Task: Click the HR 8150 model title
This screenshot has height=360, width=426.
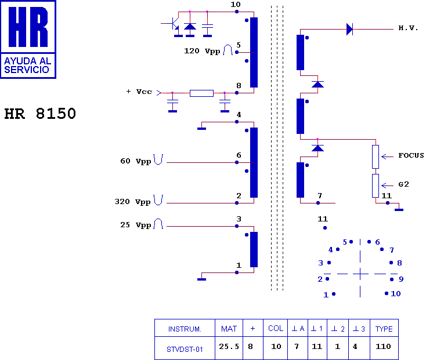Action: [40, 114]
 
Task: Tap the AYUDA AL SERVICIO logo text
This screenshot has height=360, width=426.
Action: [27, 66]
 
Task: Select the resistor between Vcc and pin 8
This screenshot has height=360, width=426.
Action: [201, 93]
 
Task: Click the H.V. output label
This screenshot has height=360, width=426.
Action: [408, 28]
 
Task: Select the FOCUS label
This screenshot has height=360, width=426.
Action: [411, 155]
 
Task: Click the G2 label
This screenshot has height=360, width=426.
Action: [404, 184]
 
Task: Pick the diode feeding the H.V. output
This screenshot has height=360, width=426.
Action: [349, 29]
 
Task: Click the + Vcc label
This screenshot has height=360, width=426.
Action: [139, 92]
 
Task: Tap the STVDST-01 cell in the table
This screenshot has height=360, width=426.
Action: [185, 350]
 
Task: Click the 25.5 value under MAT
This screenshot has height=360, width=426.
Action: [229, 347]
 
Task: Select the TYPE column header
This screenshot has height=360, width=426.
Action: [384, 329]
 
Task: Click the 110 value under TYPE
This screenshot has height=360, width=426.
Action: [383, 347]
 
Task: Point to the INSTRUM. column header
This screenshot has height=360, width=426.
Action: [185, 329]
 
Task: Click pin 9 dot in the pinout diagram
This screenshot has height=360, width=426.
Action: [392, 279]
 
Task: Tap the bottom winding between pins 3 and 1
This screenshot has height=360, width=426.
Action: [254, 250]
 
